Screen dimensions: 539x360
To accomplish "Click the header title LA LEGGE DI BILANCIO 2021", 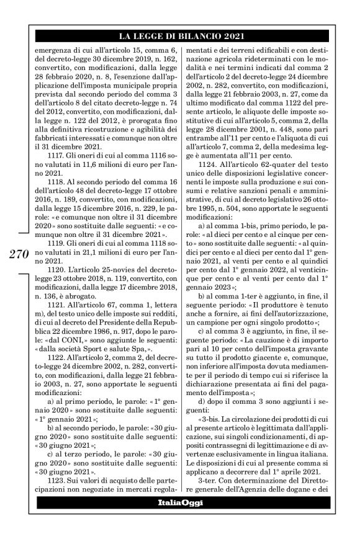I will click(179, 35).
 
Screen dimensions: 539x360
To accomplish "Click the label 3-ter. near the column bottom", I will click(207, 477).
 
